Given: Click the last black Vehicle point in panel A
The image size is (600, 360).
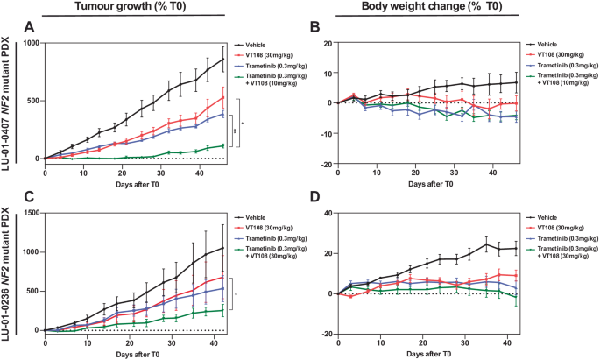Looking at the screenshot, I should coord(222,60).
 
